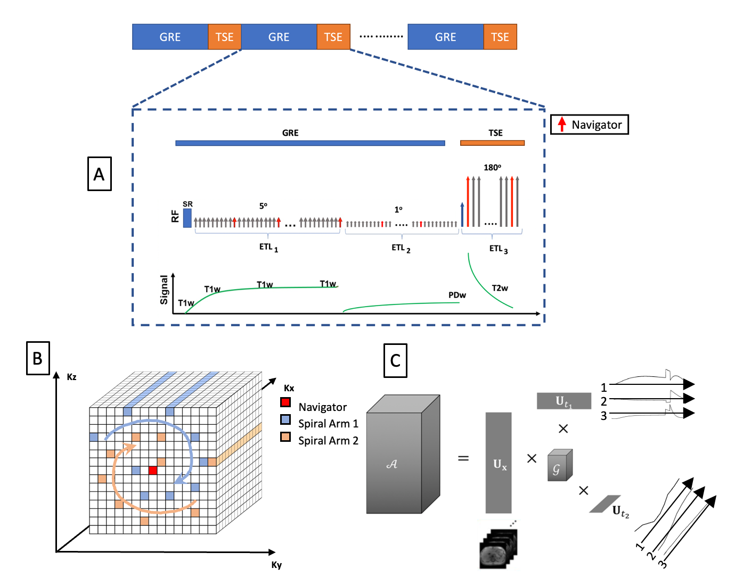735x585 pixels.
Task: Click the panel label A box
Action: pos(99,174)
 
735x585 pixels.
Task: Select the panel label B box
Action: pos(38,358)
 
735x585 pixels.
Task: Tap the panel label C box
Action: pos(395,360)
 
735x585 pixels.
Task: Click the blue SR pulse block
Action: pos(187,218)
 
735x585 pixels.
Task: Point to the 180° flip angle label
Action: pos(492,168)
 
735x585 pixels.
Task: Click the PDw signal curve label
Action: pos(457,295)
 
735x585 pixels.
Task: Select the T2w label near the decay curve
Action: pos(500,288)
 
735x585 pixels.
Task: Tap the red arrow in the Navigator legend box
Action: pos(561,125)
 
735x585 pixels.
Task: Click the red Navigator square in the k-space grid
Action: pos(153,470)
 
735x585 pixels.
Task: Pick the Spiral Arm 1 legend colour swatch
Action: pos(286,419)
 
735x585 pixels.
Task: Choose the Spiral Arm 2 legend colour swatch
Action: pos(286,437)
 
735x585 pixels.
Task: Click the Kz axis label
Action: pos(71,377)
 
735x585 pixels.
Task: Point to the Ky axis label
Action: pos(276,565)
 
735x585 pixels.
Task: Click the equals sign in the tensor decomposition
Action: pos(463,458)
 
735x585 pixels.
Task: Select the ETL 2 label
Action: pos(401,248)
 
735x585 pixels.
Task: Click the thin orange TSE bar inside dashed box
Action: pos(492,143)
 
